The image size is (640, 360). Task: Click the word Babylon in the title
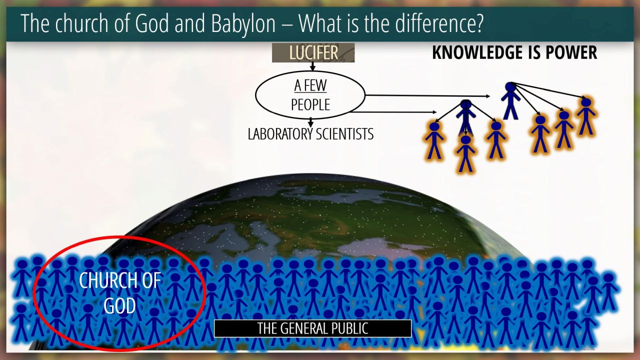(243, 24)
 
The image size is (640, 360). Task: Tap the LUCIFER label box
(313, 52)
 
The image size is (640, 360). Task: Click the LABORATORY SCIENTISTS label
(310, 133)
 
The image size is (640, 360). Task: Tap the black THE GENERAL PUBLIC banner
(312, 328)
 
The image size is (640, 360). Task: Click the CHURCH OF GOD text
(119, 293)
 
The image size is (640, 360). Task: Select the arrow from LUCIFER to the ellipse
(312, 66)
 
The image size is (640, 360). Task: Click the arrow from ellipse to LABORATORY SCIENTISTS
(311, 122)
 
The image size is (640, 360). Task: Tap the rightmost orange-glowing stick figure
(586, 116)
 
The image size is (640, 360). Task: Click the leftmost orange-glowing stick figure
(434, 140)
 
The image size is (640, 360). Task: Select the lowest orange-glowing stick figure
(465, 153)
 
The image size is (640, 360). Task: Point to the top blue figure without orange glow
(510, 100)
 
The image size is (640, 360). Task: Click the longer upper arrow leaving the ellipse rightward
(427, 96)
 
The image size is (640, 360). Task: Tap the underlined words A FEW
(310, 85)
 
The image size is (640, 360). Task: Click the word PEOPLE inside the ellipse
(310, 104)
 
